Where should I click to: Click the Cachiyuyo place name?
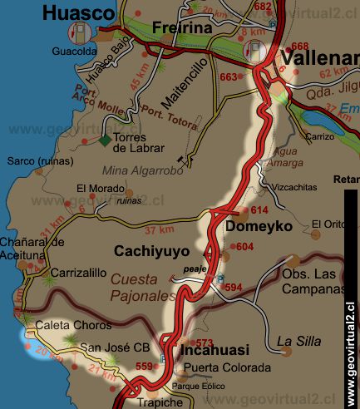[152, 251]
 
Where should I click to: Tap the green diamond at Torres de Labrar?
[106, 140]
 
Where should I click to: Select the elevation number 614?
[260, 210]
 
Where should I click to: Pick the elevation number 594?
[234, 288]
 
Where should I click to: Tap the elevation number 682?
[263, 7]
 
